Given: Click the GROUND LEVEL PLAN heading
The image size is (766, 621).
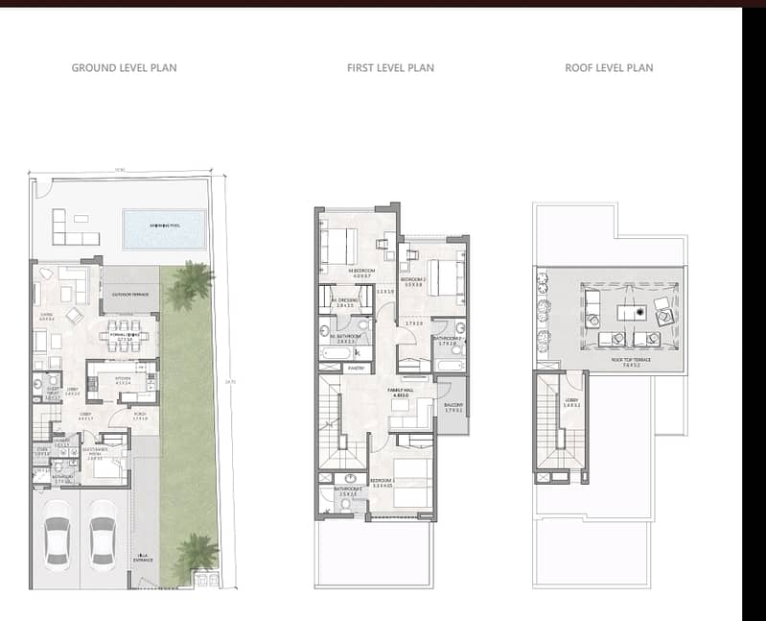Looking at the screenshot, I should (x=124, y=68).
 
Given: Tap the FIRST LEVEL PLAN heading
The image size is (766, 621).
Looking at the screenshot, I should (x=390, y=68).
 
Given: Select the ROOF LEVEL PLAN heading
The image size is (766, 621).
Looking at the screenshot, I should (x=609, y=68).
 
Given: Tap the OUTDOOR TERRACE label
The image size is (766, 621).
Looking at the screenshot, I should (x=129, y=295).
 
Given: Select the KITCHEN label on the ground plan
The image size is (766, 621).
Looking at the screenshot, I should (x=123, y=378).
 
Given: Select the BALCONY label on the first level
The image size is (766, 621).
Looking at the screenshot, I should (x=453, y=405).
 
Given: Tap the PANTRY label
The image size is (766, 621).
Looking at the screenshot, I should (x=357, y=367).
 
